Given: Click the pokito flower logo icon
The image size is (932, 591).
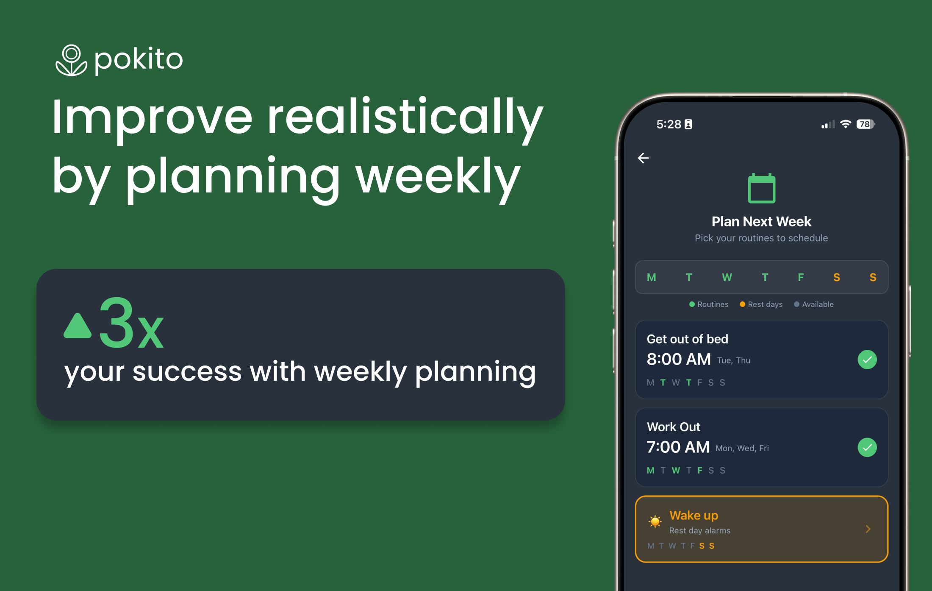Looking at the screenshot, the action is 71,60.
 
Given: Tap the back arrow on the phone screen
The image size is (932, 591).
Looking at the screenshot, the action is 643,158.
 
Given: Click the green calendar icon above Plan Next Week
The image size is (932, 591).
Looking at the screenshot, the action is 762,188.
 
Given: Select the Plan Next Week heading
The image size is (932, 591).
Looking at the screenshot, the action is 761,221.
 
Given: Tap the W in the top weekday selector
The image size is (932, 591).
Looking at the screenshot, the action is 727,277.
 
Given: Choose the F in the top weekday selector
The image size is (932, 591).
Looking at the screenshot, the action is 801,277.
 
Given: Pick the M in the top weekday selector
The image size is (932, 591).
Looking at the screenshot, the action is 652,277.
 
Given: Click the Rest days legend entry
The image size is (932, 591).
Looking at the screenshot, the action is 761,304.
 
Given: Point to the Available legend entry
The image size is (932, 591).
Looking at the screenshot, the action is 814,304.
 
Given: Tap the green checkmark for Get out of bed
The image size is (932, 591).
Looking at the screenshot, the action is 867,360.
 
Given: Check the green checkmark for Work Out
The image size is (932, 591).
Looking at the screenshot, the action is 867,447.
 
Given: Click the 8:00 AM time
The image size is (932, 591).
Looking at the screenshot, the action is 679,359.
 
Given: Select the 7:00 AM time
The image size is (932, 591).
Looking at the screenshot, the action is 678,447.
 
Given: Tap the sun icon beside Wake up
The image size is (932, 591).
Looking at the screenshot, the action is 655,521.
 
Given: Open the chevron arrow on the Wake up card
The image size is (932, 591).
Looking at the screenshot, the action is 868,529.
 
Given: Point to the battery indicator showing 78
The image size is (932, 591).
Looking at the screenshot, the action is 865,124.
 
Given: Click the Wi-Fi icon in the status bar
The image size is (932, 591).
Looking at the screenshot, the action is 846,124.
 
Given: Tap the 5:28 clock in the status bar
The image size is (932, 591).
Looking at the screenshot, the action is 669,124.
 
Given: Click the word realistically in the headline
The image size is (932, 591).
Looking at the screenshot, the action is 405,117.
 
